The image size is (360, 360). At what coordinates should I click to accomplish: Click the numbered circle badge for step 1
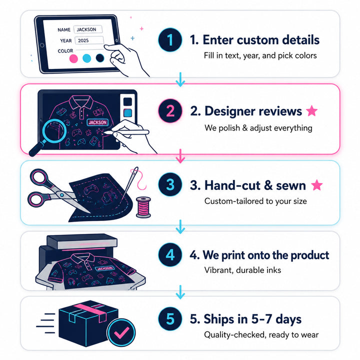(170, 39)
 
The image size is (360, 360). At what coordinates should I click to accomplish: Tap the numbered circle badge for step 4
(170, 254)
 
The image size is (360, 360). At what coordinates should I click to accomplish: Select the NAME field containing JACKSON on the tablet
(88, 29)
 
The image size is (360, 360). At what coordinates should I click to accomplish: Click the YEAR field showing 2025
(89, 40)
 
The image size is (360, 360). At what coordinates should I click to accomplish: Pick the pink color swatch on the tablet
(73, 58)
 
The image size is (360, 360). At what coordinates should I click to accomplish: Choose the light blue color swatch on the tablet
(87, 58)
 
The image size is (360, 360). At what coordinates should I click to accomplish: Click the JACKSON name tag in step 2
(97, 122)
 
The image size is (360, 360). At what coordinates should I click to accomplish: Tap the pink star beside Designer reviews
(312, 110)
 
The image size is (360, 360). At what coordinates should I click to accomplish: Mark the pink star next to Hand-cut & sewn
(317, 185)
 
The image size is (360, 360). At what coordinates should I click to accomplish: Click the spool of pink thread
(143, 207)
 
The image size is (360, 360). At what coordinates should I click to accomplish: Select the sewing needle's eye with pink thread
(136, 170)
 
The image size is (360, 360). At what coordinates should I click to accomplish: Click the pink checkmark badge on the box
(121, 332)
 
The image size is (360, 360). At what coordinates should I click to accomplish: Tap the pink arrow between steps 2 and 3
(180, 156)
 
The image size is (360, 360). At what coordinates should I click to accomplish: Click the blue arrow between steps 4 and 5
(180, 292)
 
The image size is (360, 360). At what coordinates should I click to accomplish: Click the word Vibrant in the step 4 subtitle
(218, 270)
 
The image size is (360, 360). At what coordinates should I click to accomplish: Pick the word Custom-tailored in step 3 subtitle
(234, 201)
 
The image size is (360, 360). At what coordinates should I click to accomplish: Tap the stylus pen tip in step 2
(105, 132)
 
